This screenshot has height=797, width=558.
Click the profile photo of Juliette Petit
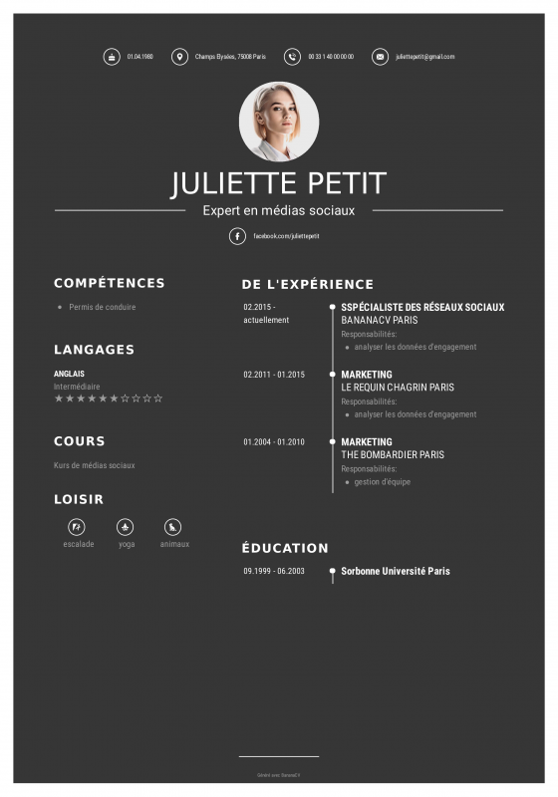pyautogui.click(x=279, y=121)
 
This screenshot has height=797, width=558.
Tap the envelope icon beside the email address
pyautogui.click(x=380, y=57)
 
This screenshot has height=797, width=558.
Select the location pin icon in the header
pyautogui.click(x=179, y=57)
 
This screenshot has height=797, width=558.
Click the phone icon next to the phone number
pyautogui.click(x=292, y=57)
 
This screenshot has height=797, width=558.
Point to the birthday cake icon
pyautogui.click(x=112, y=57)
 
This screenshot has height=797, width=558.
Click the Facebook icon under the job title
pyautogui.click(x=237, y=236)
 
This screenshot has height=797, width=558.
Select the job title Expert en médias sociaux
pyautogui.click(x=279, y=210)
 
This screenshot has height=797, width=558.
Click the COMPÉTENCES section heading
pyautogui.click(x=110, y=283)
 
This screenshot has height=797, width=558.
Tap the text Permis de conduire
pyautogui.click(x=103, y=307)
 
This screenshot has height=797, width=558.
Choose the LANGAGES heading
pyautogui.click(x=94, y=350)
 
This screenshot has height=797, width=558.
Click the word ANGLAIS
pyautogui.click(x=69, y=374)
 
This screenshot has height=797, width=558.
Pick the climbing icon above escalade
pyautogui.click(x=78, y=527)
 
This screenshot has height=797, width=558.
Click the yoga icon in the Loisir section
pyautogui.click(x=126, y=527)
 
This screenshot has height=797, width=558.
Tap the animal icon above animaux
pyautogui.click(x=173, y=527)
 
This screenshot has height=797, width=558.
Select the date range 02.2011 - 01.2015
pyautogui.click(x=274, y=375)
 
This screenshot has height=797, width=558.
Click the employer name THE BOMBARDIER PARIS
pyautogui.click(x=393, y=454)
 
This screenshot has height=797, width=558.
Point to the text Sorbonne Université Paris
pyautogui.click(x=396, y=571)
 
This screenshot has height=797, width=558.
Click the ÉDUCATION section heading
pyautogui.click(x=285, y=548)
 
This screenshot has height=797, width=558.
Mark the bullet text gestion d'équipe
pyautogui.click(x=383, y=482)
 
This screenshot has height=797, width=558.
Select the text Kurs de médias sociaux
pyautogui.click(x=95, y=465)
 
